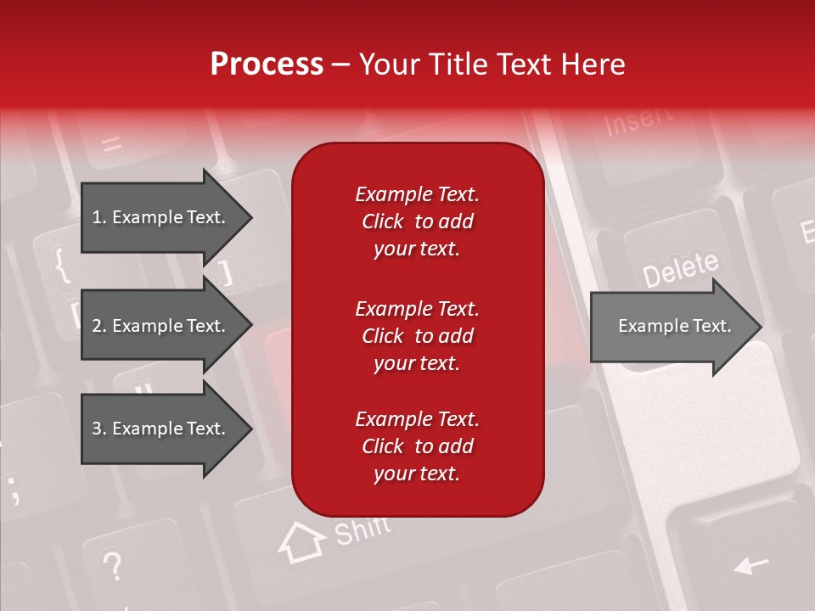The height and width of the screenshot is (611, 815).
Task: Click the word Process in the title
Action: point(267,64)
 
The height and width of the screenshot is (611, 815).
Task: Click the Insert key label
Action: point(638,122)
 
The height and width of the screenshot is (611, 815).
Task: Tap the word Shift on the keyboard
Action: point(363,531)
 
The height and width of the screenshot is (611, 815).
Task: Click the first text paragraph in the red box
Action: point(417,221)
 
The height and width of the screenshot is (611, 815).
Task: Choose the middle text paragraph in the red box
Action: point(417,336)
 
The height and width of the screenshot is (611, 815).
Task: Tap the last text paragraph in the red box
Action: point(417,446)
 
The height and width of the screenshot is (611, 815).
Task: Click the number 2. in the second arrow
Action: point(99,326)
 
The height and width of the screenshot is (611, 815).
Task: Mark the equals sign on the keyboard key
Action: point(111,143)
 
